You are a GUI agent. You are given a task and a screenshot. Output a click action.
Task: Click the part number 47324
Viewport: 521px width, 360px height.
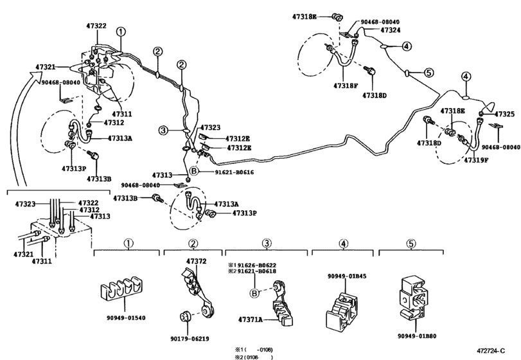[390, 30]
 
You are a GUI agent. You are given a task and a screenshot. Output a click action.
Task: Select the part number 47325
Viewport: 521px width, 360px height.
[504, 114]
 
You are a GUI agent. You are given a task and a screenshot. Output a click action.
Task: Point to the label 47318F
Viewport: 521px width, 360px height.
[346, 85]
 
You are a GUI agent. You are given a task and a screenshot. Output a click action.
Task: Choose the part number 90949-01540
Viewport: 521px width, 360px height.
[126, 316]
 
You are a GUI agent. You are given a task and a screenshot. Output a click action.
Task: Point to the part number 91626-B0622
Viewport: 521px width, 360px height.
[256, 264]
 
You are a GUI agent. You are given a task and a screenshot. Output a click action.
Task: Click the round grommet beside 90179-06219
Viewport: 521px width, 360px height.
[185, 318]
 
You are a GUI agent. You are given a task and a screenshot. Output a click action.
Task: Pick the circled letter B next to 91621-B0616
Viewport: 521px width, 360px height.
[191, 172]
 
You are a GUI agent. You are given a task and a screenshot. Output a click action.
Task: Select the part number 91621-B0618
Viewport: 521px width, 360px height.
[256, 272]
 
